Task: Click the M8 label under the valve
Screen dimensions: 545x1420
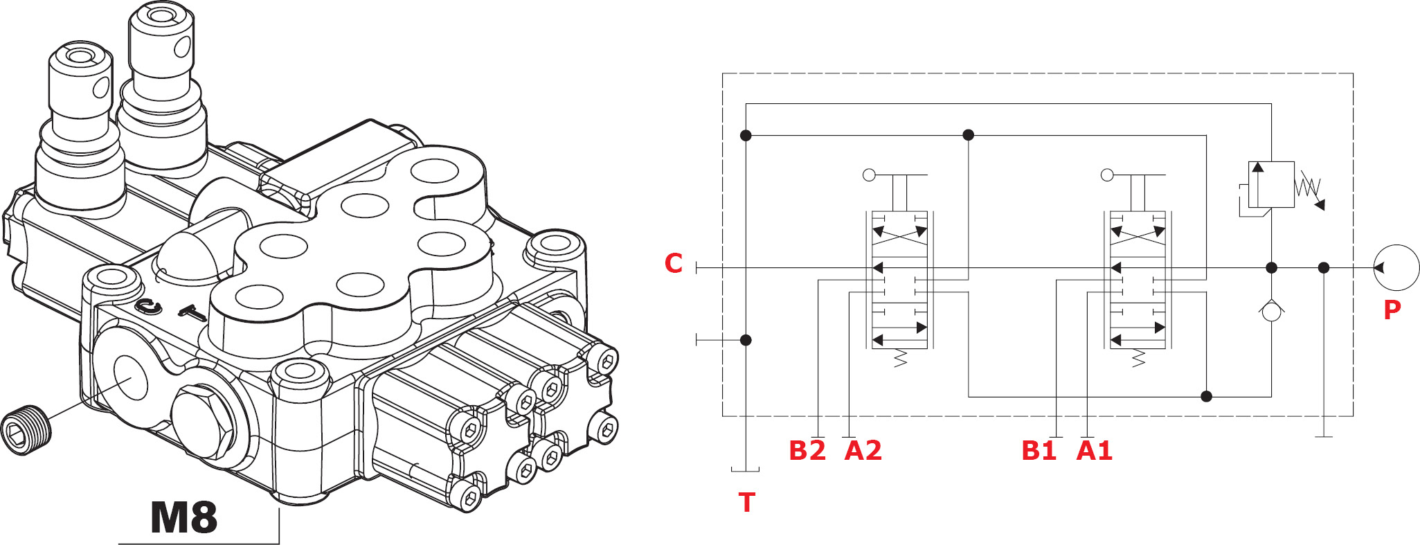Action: [184, 518]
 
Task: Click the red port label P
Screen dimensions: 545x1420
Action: [1392, 310]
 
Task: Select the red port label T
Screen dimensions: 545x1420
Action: [746, 503]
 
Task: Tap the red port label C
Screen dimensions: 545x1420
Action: [674, 264]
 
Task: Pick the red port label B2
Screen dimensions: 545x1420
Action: [807, 451]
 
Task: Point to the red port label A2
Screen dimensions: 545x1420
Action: [863, 451]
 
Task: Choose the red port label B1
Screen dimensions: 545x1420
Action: [1039, 451]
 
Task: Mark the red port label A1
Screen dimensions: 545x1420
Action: [1095, 451]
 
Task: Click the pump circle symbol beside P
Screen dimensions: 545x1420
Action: [1396, 267]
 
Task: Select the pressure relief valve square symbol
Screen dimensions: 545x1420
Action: [1271, 184]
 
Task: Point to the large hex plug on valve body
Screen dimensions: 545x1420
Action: [204, 423]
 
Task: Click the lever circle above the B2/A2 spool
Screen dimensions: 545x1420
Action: [870, 175]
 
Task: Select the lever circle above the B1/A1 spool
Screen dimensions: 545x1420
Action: [1107, 175]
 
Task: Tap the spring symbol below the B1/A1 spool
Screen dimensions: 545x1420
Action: [1138, 358]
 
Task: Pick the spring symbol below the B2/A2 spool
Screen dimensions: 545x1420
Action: [900, 358]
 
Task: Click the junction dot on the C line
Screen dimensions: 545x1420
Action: [1271, 267]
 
